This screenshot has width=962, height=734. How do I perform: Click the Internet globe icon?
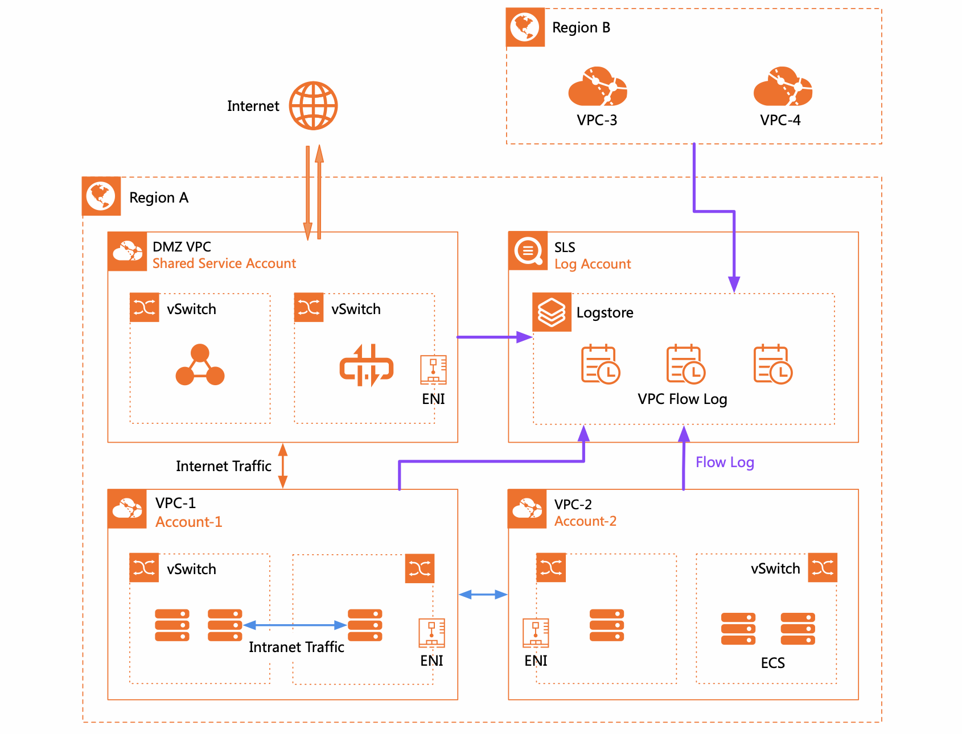(x=313, y=106)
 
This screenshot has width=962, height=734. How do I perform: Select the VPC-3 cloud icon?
(x=597, y=88)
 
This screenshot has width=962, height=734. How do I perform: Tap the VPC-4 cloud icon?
(x=782, y=88)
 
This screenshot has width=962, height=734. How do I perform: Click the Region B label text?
(x=581, y=28)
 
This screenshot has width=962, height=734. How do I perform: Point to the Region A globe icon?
(x=101, y=196)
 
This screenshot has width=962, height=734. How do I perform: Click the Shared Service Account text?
(x=224, y=263)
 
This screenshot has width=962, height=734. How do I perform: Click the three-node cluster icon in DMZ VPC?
(x=200, y=365)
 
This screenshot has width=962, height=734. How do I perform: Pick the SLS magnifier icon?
(x=528, y=251)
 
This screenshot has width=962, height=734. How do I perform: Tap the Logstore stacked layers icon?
(x=552, y=312)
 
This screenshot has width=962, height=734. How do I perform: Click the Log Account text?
(x=593, y=264)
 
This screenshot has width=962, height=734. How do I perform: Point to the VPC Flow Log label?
(x=682, y=399)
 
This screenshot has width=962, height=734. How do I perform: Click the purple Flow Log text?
(x=725, y=462)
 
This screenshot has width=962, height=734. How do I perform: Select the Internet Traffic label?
(x=223, y=466)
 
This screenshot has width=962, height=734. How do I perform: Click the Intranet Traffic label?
(x=296, y=647)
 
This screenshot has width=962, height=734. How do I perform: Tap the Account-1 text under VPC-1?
(x=188, y=522)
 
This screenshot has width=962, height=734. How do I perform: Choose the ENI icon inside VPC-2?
(x=536, y=633)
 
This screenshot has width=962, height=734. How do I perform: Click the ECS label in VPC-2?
(x=772, y=663)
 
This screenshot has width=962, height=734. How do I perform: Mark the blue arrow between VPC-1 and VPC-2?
(x=483, y=595)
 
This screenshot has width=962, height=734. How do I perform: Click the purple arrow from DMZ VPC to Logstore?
(x=494, y=337)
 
